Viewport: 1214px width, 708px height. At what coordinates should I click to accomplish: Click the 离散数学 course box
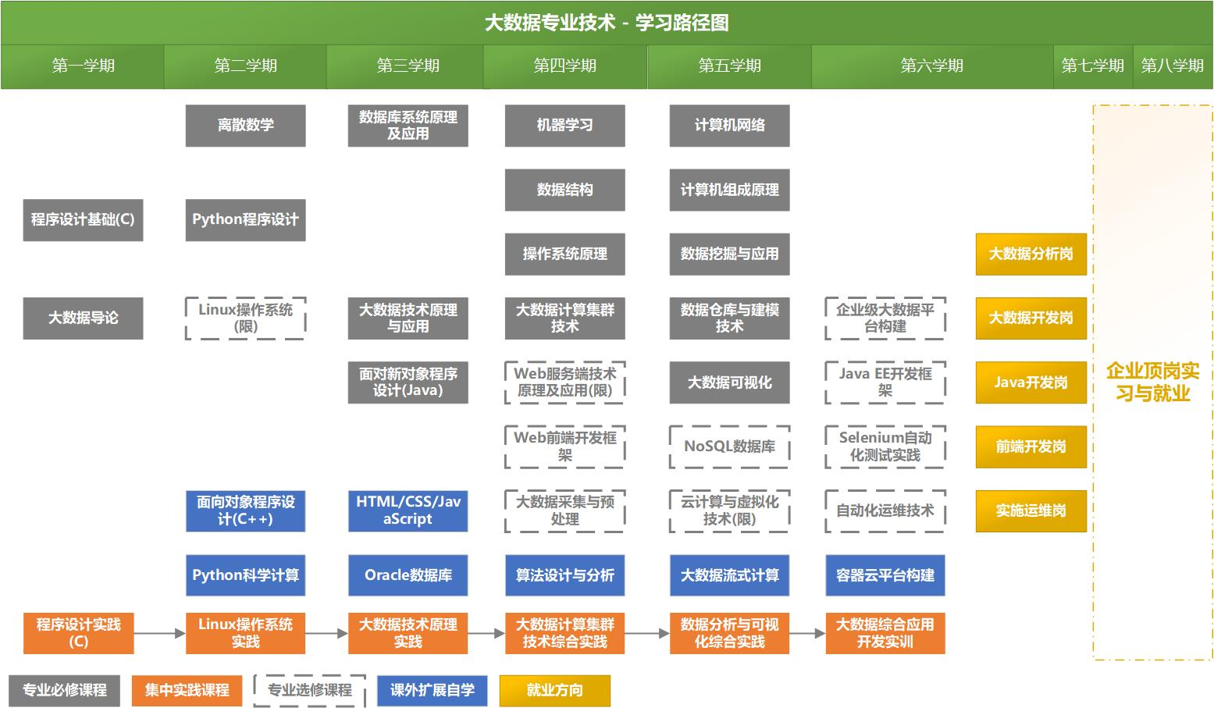point(245,125)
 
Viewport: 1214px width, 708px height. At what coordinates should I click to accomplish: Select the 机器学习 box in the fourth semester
point(564,125)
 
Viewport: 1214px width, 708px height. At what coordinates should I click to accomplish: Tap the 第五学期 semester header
point(729,66)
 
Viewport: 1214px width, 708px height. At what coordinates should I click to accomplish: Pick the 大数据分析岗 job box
point(1031,254)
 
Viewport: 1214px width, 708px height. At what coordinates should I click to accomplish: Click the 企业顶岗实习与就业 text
point(1152,382)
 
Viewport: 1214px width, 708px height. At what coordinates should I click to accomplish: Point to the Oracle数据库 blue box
point(408,575)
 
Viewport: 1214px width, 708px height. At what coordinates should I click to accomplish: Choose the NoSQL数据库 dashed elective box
point(729,447)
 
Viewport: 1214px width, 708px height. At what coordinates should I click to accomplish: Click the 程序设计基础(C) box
point(83,219)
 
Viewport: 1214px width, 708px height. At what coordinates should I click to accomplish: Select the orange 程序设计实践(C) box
point(78,632)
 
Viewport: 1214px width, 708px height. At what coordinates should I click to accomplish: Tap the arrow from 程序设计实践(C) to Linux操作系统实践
point(159,633)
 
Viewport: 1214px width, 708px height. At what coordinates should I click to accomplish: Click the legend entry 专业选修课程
point(310,690)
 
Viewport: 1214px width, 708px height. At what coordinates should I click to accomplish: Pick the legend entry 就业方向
point(554,690)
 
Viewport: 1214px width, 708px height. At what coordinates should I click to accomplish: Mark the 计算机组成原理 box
point(729,190)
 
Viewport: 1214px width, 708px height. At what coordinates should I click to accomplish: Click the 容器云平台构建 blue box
point(885,575)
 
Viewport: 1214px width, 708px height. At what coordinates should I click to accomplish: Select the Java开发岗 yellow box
point(1031,382)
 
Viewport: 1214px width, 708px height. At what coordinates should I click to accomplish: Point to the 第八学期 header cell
point(1172,66)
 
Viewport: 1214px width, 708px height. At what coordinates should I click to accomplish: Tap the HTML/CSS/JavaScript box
point(408,511)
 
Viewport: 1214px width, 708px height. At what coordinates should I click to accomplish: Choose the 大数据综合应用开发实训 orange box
point(885,632)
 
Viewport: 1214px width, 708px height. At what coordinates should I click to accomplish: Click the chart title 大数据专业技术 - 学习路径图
point(607,23)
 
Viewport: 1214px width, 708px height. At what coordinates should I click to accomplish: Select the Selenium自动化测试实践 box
point(885,447)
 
